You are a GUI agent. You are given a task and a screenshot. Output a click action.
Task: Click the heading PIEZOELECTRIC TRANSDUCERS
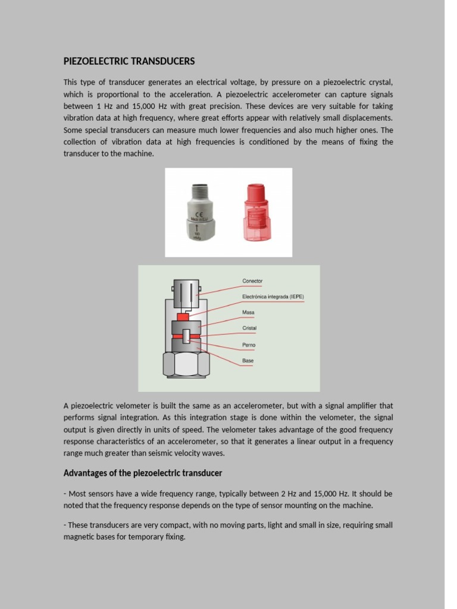(129, 61)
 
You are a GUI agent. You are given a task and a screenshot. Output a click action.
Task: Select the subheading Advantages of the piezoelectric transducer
(143, 473)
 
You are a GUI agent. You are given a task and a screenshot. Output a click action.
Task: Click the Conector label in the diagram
(252, 281)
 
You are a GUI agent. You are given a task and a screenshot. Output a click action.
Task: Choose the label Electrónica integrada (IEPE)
(273, 296)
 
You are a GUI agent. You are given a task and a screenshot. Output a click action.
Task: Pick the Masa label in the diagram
(248, 312)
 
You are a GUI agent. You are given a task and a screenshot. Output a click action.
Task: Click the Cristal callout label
(249, 328)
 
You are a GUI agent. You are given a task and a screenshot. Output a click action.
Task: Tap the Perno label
(249, 345)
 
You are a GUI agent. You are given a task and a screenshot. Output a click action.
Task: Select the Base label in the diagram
(248, 360)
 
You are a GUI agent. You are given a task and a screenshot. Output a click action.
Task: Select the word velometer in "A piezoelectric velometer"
(125, 406)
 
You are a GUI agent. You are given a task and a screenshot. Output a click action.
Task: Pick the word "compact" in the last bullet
(164, 525)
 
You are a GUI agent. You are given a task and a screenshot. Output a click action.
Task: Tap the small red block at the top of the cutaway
(183, 317)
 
